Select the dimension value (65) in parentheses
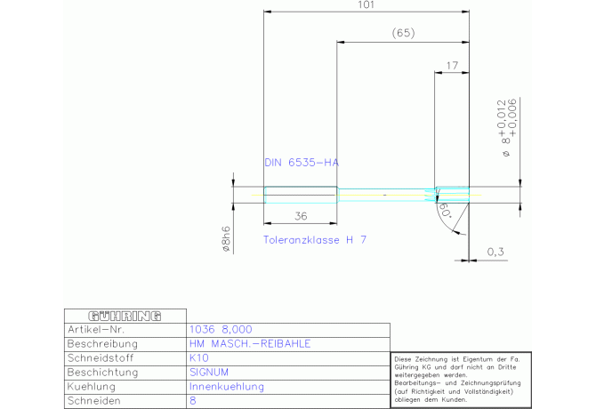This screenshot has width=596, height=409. tap(403, 34)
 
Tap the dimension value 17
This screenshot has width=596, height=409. tap(452, 65)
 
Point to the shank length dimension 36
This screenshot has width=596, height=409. tap(301, 216)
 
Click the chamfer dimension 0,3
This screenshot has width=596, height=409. tap(495, 253)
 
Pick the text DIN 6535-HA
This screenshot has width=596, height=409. tap(302, 164)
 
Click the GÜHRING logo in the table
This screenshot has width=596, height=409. tap(125, 316)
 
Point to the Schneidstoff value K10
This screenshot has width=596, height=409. tap(198, 358)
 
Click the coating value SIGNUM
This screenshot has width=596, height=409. tap(210, 373)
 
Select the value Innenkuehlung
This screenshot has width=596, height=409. tap(227, 388)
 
